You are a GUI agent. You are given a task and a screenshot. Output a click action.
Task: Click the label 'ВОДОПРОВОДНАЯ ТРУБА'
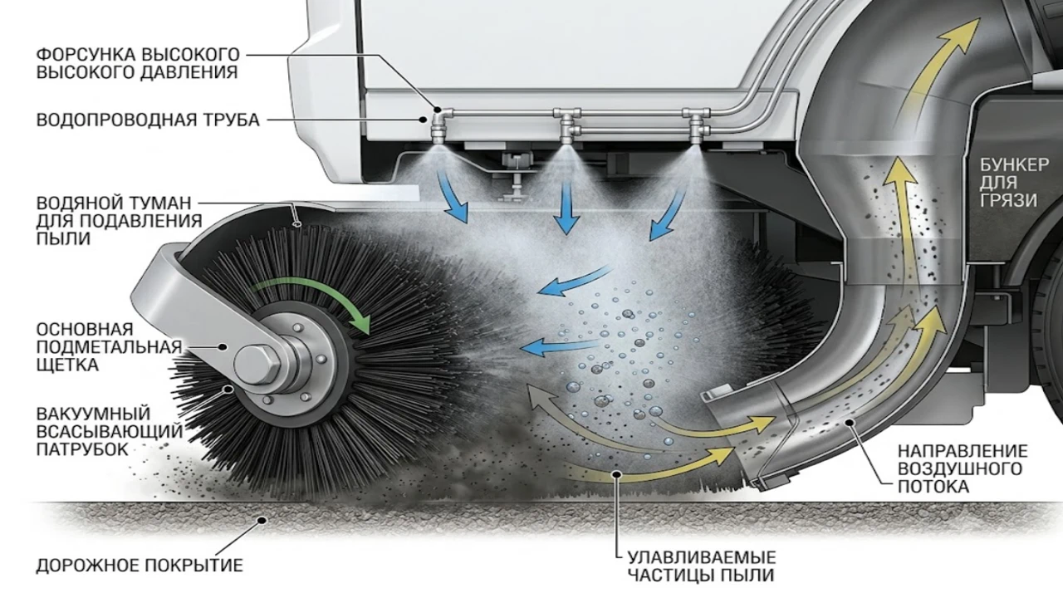pyautogui.click(x=148, y=120)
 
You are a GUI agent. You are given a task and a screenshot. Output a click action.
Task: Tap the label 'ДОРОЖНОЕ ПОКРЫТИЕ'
pyautogui.click(x=140, y=566)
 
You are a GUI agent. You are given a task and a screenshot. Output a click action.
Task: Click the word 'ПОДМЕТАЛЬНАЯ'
pyautogui.click(x=109, y=347)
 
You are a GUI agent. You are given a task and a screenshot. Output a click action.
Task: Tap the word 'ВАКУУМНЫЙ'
pyautogui.click(x=93, y=413)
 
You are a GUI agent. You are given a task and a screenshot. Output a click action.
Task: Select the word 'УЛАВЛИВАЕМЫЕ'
pyautogui.click(x=702, y=556)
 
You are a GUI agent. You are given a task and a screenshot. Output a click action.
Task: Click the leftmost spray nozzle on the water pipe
pyautogui.click(x=437, y=130)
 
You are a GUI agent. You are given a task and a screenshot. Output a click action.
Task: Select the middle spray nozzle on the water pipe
pyautogui.click(x=567, y=129)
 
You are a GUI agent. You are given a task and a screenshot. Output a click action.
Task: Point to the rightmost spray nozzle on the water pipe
pyautogui.click(x=696, y=128)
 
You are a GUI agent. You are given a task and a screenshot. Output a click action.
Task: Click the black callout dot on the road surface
pyautogui.click(x=261, y=521)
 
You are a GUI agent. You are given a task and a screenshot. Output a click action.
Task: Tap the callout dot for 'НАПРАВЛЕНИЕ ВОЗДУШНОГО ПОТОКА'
pyautogui.click(x=850, y=422)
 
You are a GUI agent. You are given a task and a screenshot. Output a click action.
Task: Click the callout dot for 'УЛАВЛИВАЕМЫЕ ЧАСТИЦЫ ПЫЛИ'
pyautogui.click(x=617, y=473)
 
